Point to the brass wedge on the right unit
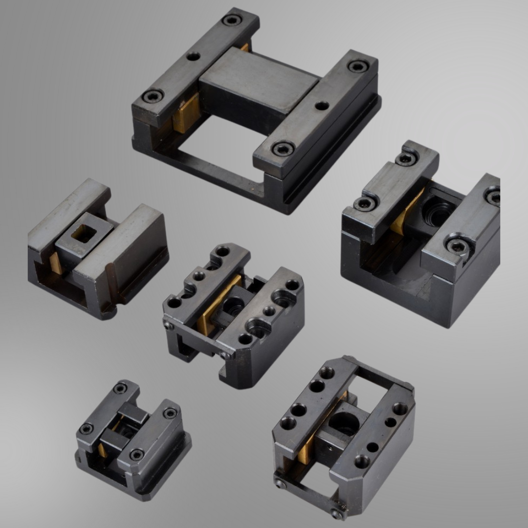point(406,212)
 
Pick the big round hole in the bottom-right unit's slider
point(344,423)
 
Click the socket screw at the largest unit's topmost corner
point(231,20)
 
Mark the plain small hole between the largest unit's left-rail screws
point(193,56)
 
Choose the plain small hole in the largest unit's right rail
point(322,106)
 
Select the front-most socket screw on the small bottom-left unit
point(136,454)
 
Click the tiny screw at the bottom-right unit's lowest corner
point(338,513)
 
